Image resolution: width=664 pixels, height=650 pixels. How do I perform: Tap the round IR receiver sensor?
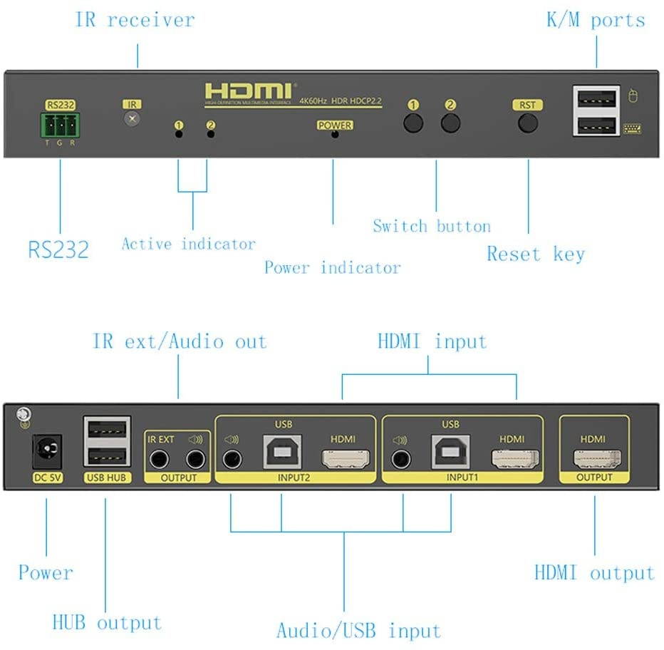pyautogui.click(x=132, y=118)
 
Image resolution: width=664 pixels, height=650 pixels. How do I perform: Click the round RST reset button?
pyautogui.click(x=527, y=123)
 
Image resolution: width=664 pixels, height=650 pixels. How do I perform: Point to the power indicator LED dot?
pyautogui.click(x=335, y=134)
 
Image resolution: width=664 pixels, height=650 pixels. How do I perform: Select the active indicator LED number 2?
pyautogui.click(x=210, y=133)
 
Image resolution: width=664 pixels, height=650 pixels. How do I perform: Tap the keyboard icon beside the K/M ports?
pyautogui.click(x=631, y=128)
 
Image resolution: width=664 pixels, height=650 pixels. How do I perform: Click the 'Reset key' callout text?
pyautogui.click(x=535, y=254)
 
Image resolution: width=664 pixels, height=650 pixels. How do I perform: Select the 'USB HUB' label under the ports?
pyautogui.click(x=108, y=478)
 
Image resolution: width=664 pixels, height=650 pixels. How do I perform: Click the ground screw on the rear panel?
pyautogui.click(x=24, y=413)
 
